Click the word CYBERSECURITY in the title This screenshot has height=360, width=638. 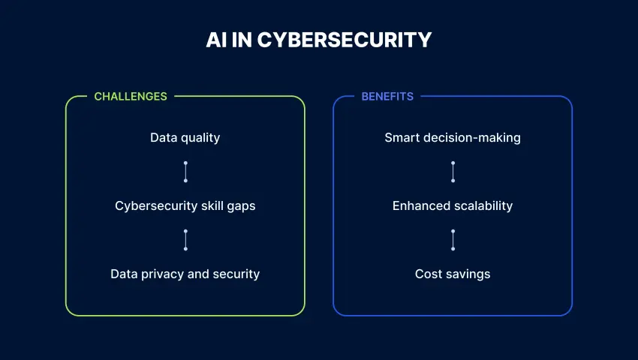pyautogui.click(x=345, y=40)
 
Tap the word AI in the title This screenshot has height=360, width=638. pyautogui.click(x=215, y=40)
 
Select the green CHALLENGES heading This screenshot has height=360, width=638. pyautogui.click(x=131, y=97)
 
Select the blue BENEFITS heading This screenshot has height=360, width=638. pyautogui.click(x=387, y=97)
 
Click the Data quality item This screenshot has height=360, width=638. pyautogui.click(x=185, y=137)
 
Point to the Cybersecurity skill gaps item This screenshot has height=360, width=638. pyautogui.click(x=185, y=205)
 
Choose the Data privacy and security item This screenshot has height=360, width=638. pyautogui.click(x=185, y=274)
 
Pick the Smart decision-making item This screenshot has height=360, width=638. pyautogui.click(x=453, y=137)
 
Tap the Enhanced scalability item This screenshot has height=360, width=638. pyautogui.click(x=453, y=205)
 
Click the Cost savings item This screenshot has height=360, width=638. pyautogui.click(x=453, y=274)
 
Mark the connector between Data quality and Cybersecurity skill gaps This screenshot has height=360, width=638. pyautogui.click(x=185, y=171)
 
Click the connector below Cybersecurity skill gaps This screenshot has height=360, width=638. pyautogui.click(x=185, y=239)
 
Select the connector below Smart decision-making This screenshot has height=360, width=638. pyautogui.click(x=453, y=171)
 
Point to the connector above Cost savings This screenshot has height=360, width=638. pyautogui.click(x=453, y=239)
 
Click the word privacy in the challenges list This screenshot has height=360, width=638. pyautogui.click(x=163, y=274)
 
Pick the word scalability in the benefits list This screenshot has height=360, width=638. pyautogui.click(x=482, y=205)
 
